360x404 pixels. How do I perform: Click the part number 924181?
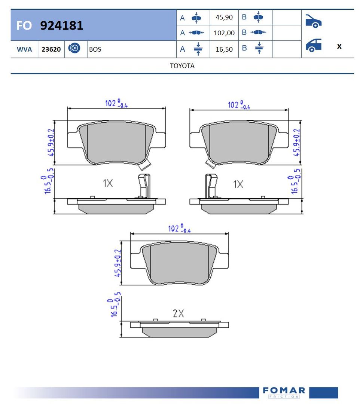click(61, 25)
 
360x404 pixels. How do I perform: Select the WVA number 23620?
click(51, 49)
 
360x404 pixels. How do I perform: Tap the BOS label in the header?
click(95, 49)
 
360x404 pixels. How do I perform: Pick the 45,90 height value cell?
click(224, 17)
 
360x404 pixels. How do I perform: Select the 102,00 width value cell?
click(224, 33)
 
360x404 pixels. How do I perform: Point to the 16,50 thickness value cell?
click(224, 49)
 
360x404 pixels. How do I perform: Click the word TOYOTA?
click(182, 66)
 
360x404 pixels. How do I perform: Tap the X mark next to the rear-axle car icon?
click(339, 47)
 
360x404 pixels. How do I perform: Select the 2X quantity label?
click(178, 313)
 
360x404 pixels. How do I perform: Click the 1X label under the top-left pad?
click(108, 183)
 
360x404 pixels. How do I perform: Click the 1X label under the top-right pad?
click(238, 184)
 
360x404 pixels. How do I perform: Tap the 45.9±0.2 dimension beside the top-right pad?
click(297, 142)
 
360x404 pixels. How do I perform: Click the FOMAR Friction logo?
click(284, 392)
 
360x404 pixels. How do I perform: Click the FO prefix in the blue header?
click(24, 26)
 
